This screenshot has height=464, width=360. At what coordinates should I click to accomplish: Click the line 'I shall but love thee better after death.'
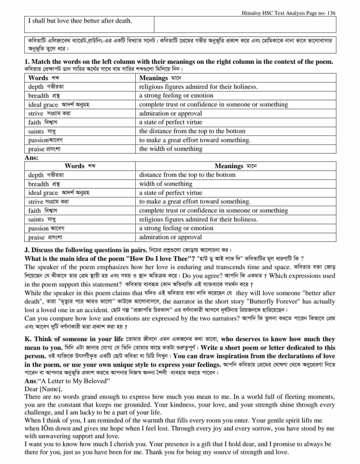coord(80,21)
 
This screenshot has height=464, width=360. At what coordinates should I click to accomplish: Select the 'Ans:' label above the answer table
coord(31,158)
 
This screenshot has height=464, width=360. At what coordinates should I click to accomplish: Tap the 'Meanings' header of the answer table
coord(229,166)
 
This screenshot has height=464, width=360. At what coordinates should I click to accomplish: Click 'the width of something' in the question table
coord(171,149)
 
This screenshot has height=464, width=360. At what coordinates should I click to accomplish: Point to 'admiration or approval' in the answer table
coord(170,237)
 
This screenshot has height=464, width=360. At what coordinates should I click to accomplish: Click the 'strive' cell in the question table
coord(36,113)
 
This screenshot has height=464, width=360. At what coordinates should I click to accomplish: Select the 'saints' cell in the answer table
coord(36,219)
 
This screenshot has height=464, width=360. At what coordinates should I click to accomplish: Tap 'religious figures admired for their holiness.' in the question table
coord(198,87)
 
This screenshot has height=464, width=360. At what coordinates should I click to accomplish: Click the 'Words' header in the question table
coord(38,78)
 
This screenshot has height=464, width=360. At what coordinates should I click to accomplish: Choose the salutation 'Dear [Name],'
coord(43,389)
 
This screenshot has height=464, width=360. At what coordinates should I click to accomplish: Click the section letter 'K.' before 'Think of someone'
coord(28,339)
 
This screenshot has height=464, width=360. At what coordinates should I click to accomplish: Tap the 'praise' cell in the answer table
coord(36,237)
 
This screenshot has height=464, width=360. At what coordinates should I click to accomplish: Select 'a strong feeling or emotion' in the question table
coord(176,95)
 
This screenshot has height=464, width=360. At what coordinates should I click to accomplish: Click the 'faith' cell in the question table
coord(34,122)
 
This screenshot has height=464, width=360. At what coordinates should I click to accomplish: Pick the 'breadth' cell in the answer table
coord(38,184)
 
